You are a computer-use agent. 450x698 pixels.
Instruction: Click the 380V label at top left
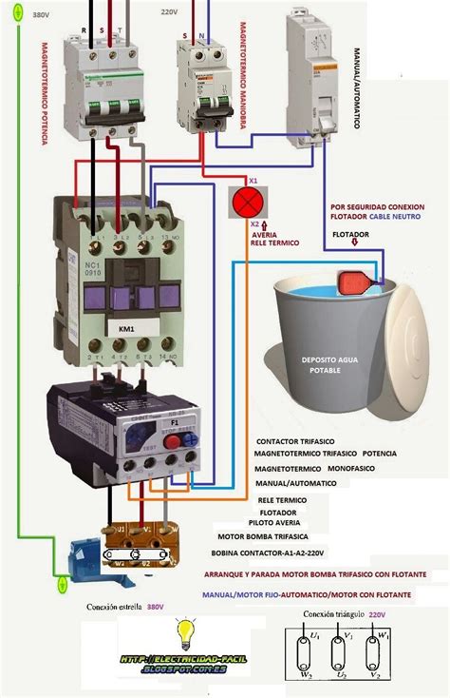41,16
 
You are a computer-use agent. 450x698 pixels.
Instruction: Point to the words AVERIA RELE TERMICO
276,239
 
